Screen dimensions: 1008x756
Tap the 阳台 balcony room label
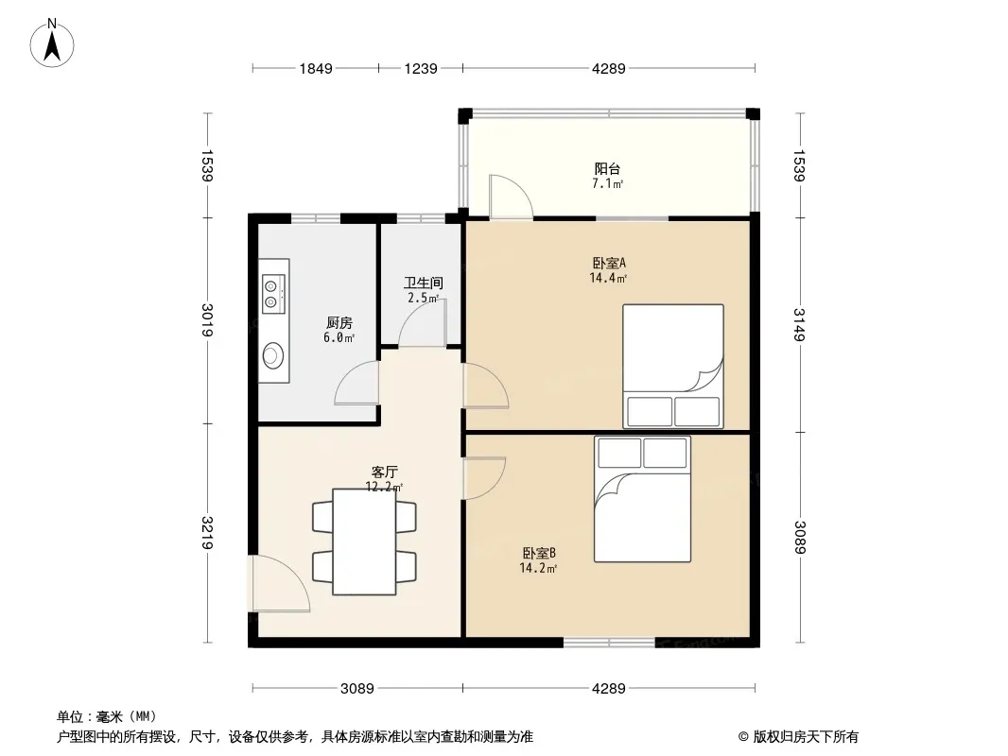tap(607, 169)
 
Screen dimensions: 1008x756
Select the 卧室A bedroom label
tap(608, 263)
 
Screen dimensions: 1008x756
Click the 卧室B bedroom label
tap(539, 553)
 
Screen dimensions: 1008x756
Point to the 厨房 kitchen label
tap(339, 322)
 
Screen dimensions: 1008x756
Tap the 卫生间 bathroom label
tap(423, 283)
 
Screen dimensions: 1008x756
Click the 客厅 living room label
tap(384, 472)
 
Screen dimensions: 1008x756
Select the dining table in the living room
tap(364, 541)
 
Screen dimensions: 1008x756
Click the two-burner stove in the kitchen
tap(273, 294)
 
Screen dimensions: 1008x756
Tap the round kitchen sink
tap(273, 354)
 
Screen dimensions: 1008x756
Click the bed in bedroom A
tap(673, 366)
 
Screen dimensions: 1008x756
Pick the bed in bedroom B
tap(642, 499)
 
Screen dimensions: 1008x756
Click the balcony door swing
tap(511, 197)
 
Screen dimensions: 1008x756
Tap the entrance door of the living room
tap(280, 583)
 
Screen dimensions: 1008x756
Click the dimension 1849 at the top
tap(316, 68)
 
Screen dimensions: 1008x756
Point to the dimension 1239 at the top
tap(421, 68)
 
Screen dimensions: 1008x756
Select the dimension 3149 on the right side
tap(799, 325)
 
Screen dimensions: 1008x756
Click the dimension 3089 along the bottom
tap(356, 689)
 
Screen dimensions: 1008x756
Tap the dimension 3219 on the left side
tap(207, 532)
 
